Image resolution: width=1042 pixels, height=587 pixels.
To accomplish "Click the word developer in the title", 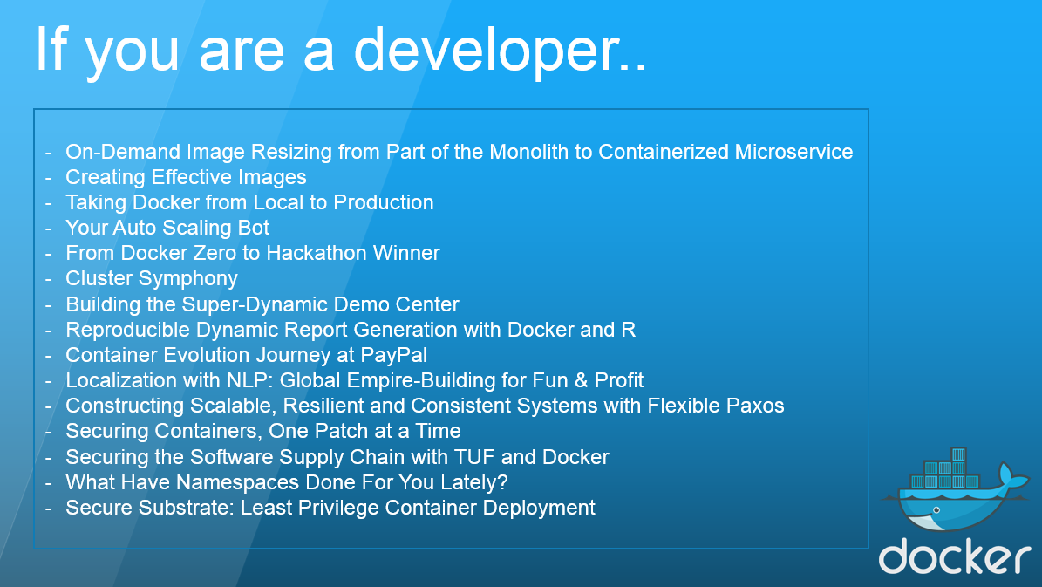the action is (x=500, y=51).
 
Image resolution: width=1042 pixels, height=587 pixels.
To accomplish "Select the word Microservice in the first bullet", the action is (x=793, y=152).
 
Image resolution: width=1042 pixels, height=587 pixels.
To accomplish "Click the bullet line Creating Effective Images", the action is (x=186, y=177).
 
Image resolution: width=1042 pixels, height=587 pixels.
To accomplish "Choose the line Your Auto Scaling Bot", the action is (x=167, y=228).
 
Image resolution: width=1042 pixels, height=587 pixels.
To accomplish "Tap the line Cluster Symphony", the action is (x=152, y=278).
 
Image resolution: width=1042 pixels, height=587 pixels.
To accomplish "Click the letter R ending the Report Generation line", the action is (x=629, y=329).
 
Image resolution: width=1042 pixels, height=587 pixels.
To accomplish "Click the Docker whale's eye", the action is (x=936, y=510).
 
